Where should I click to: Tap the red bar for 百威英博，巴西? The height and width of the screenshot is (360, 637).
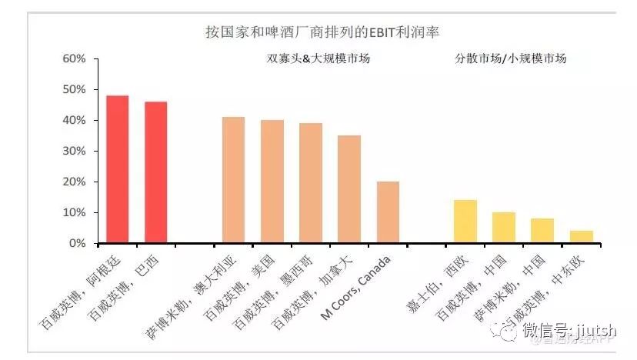click(156, 172)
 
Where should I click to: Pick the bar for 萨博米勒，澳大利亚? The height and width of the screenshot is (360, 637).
click(234, 180)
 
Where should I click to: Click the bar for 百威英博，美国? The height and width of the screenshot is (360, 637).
click(272, 182)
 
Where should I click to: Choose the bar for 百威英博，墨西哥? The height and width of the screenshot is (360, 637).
click(311, 183)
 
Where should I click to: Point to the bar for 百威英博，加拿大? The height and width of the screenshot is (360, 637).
click(349, 189)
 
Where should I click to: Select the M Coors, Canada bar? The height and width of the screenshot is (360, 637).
click(388, 212)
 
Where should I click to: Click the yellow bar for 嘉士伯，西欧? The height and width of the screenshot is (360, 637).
click(465, 222)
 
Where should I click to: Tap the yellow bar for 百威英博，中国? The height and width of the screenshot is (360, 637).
click(504, 228)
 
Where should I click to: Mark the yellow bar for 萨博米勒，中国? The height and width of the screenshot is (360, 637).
click(542, 231)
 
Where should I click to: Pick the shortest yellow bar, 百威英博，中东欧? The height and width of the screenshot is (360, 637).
click(581, 237)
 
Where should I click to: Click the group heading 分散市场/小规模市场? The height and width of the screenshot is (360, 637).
click(510, 58)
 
